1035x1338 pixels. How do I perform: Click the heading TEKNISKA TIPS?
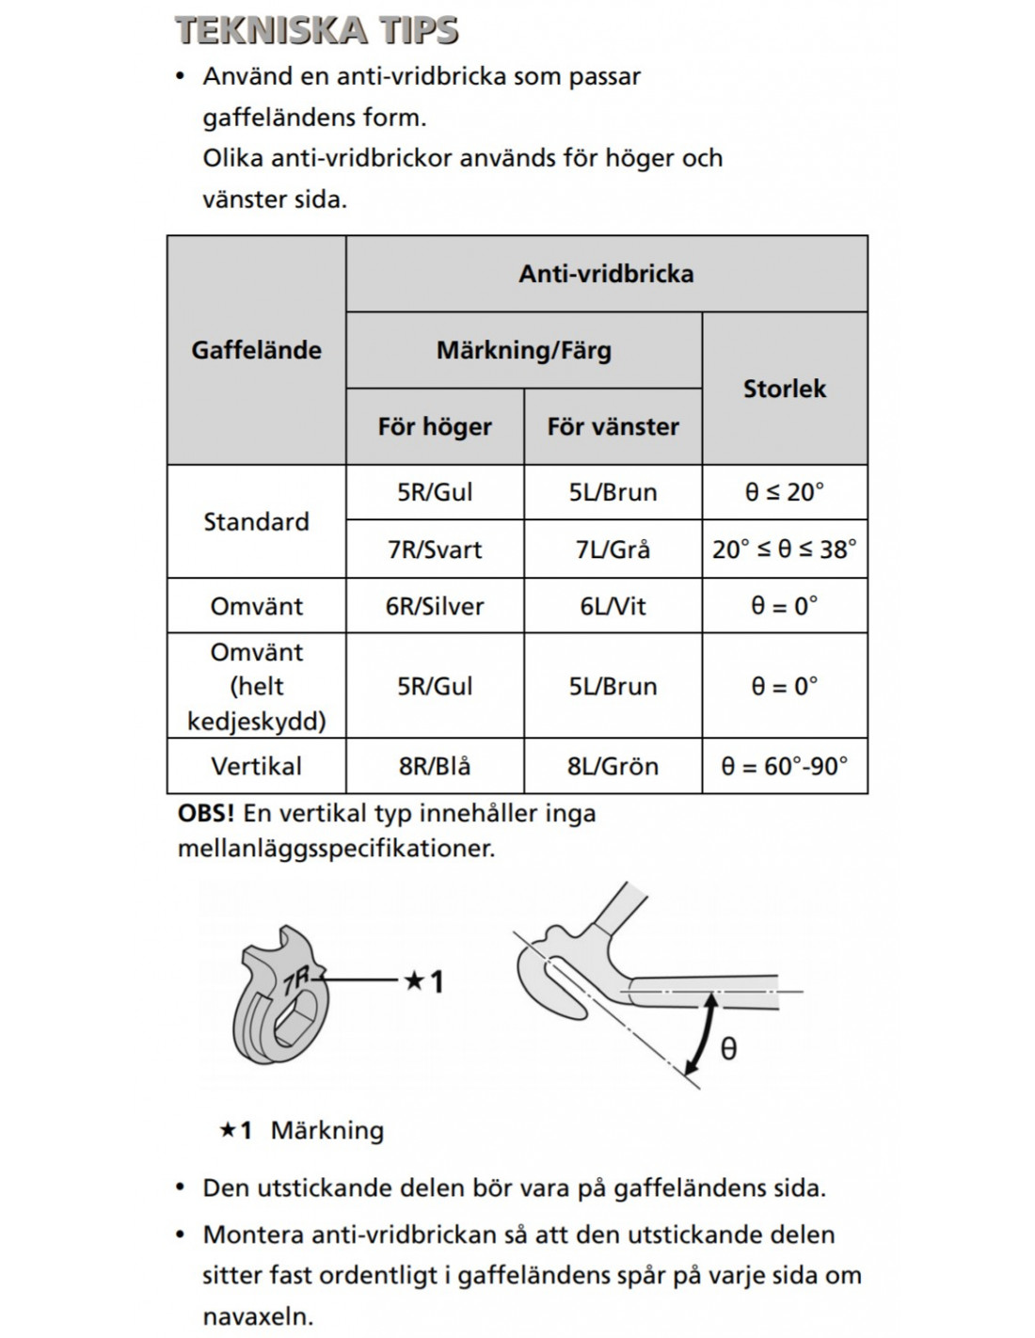coord(317,30)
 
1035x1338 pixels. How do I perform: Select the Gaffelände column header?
coord(256,350)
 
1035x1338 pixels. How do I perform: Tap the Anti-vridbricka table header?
coord(606,274)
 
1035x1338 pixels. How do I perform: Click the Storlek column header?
coord(784,389)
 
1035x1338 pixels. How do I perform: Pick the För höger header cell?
coord(435,426)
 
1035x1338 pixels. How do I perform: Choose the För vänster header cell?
coord(613,426)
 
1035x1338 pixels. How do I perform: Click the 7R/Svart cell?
coord(435,550)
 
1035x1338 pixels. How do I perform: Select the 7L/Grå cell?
coord(613,550)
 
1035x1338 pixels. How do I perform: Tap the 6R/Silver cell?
coord(435,606)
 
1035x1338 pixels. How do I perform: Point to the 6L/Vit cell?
coord(613,606)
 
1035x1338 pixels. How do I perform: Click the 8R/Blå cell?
coord(435,766)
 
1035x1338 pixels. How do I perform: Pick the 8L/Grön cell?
coord(613,766)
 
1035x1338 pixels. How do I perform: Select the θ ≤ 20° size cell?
coord(784,492)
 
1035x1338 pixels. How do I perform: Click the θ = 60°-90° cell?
coord(784,766)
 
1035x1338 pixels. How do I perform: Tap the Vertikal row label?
coord(256,766)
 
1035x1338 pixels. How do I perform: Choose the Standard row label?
coord(256,521)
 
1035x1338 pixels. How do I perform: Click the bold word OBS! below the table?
coord(205,813)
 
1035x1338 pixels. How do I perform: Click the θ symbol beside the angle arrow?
coord(728,1048)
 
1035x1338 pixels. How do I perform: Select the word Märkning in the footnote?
coord(326,1130)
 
